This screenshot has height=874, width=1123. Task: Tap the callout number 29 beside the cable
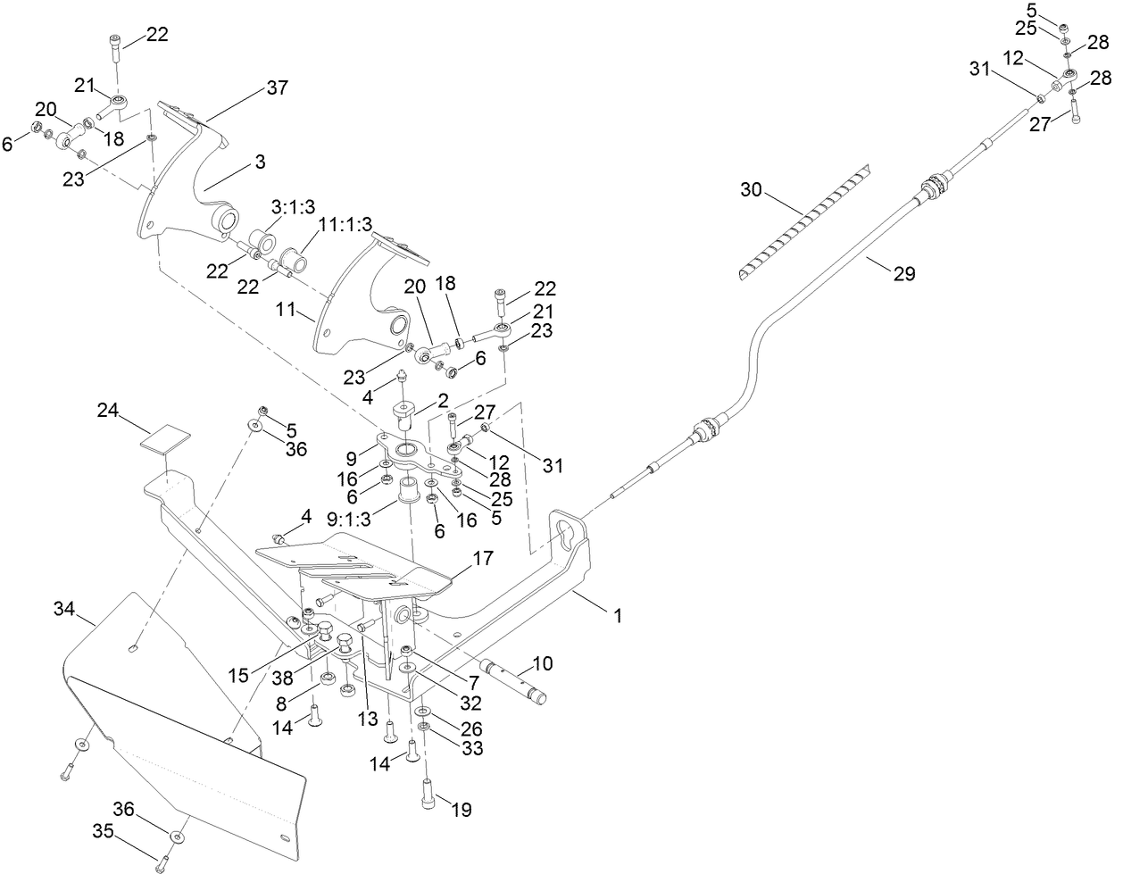tap(903, 274)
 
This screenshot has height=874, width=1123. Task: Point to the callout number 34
tap(63, 610)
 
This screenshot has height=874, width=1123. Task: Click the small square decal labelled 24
tap(167, 439)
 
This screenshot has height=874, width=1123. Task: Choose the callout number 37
tap(277, 87)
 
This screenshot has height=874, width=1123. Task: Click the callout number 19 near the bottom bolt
tap(461, 811)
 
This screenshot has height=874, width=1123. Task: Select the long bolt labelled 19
tap(428, 794)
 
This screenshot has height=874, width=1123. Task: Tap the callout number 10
tap(543, 663)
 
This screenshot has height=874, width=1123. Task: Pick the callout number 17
tap(482, 560)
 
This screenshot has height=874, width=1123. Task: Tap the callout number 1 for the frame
tap(617, 615)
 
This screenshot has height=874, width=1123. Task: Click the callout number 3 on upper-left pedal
tap(260, 162)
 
